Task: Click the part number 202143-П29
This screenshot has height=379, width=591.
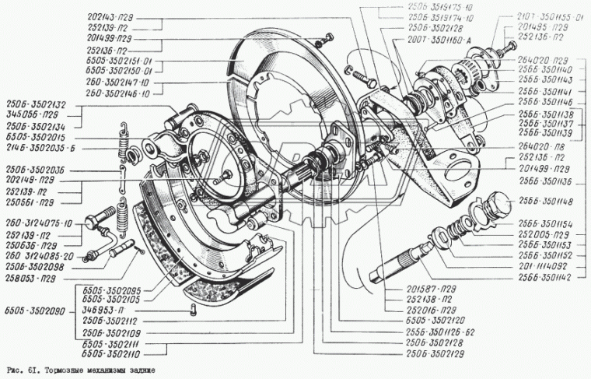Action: pos(114,17)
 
